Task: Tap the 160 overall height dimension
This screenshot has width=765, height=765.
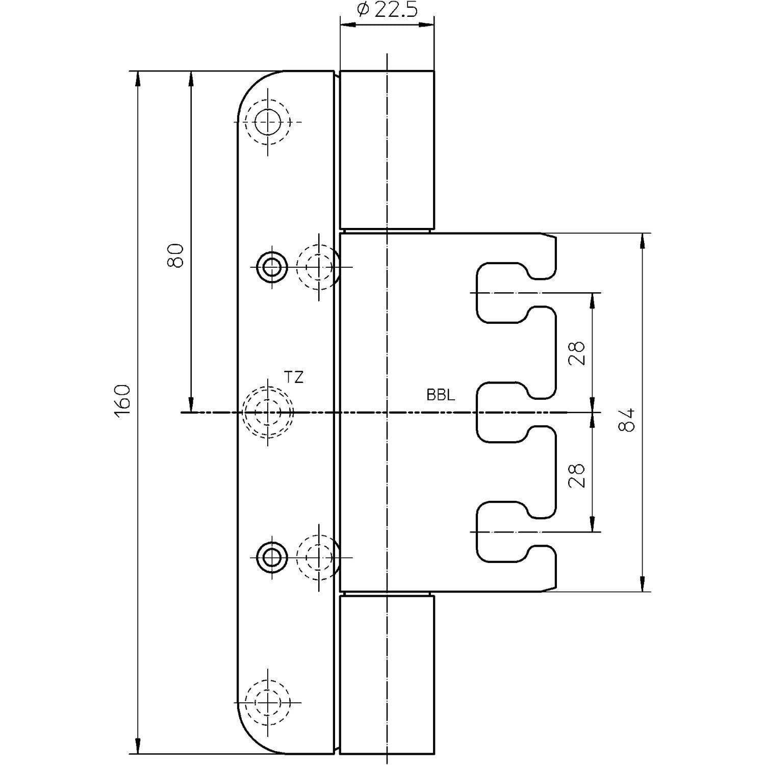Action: pyautogui.click(x=122, y=402)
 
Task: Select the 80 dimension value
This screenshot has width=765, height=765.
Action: pyautogui.click(x=175, y=256)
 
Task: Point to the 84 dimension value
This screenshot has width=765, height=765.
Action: pyautogui.click(x=627, y=420)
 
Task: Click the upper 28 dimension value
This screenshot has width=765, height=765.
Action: pyautogui.click(x=576, y=353)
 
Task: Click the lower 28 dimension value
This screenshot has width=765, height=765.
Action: pyautogui.click(x=576, y=475)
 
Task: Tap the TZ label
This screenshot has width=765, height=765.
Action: pyautogui.click(x=294, y=377)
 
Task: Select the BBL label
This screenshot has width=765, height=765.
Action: pyautogui.click(x=441, y=395)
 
